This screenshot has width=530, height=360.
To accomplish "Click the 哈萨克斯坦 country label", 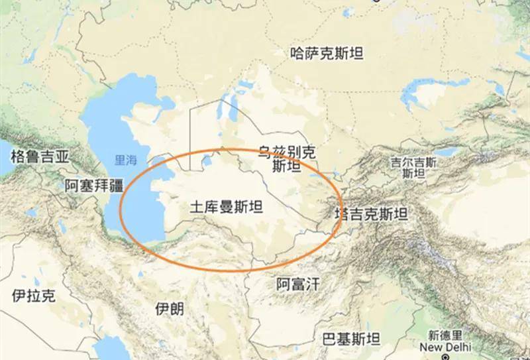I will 327,54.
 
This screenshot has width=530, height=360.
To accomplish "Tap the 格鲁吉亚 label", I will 40,156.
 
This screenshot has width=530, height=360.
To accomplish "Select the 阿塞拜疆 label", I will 94,186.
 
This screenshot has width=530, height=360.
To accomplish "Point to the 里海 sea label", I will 125,160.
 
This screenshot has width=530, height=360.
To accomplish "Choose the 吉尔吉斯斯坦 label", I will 413,167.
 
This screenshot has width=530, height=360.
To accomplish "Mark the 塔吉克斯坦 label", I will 370,214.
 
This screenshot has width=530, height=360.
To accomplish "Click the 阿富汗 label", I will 297,285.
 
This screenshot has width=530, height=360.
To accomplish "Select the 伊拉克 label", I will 34,296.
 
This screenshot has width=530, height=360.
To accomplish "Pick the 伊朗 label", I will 169,309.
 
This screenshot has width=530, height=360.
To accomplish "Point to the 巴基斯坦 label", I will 350,339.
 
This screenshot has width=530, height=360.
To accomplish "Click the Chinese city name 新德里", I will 445,335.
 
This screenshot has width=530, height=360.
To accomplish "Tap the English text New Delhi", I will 445,346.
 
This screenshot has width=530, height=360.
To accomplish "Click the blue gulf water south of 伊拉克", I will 106,348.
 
